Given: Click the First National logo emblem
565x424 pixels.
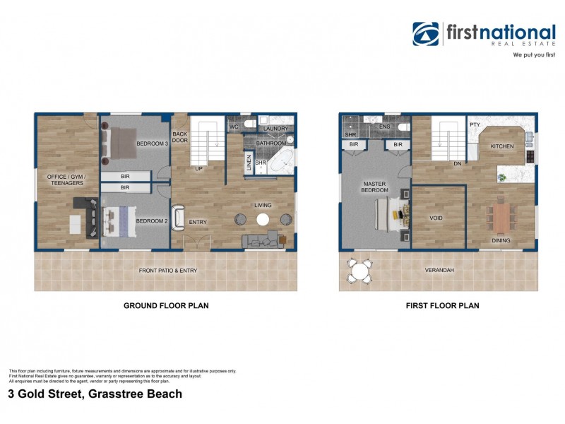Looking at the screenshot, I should (426, 34).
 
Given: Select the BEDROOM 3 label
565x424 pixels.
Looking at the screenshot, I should (152, 144).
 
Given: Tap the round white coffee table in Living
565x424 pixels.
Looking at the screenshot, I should (263, 220).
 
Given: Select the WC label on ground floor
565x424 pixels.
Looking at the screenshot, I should (234, 127).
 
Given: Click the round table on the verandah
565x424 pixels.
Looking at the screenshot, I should (360, 271).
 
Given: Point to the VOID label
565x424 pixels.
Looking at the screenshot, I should (436, 218).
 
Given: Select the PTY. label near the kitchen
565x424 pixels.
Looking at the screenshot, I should (475, 125).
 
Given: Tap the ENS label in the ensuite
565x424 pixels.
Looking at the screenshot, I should (385, 127).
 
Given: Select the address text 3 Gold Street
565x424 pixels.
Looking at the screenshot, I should (95, 394).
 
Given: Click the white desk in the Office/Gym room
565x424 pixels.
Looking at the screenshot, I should (74, 223).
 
